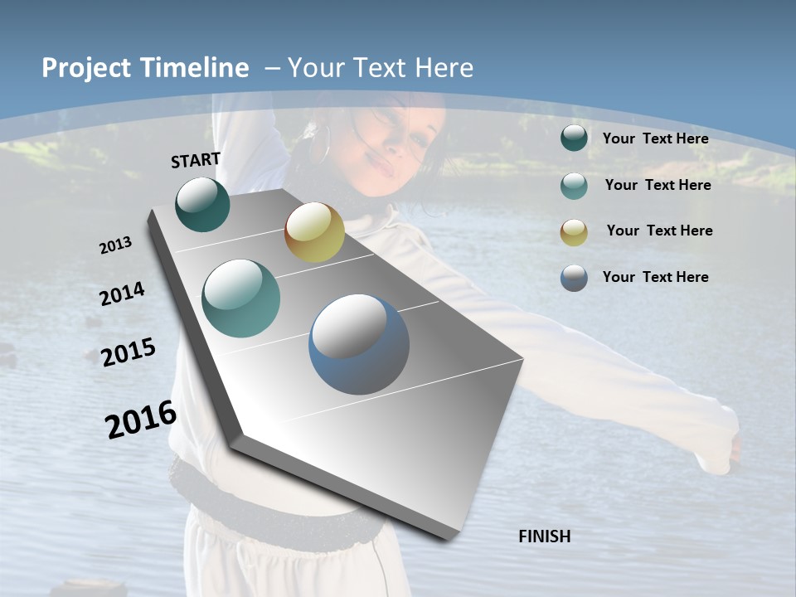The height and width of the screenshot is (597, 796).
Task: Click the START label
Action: pos(196,160)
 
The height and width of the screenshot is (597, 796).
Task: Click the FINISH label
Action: pos(544,536)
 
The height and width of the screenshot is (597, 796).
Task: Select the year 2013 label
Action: pos(115,245)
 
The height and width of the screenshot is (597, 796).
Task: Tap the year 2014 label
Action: pos(122,294)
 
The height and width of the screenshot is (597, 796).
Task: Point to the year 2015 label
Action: pos(128,352)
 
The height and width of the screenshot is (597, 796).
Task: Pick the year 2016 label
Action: pos(141,419)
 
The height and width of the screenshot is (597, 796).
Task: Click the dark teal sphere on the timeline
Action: pos(202,205)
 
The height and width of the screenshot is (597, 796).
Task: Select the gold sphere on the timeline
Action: pos(314,233)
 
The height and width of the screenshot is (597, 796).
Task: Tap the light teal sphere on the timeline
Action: pos(240,298)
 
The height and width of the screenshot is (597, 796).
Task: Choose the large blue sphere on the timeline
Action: pos(359,344)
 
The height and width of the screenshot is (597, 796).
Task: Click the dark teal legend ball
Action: pos(574,138)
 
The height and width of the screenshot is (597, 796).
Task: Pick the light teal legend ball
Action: pos(574,186)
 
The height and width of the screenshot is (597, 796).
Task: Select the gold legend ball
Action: pos(574,231)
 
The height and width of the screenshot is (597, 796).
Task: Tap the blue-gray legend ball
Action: pos(574,278)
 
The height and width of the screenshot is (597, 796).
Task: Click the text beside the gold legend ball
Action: pos(659,231)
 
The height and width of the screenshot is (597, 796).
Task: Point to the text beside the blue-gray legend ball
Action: pos(655,277)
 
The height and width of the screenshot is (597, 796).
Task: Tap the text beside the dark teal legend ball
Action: pos(655,138)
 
